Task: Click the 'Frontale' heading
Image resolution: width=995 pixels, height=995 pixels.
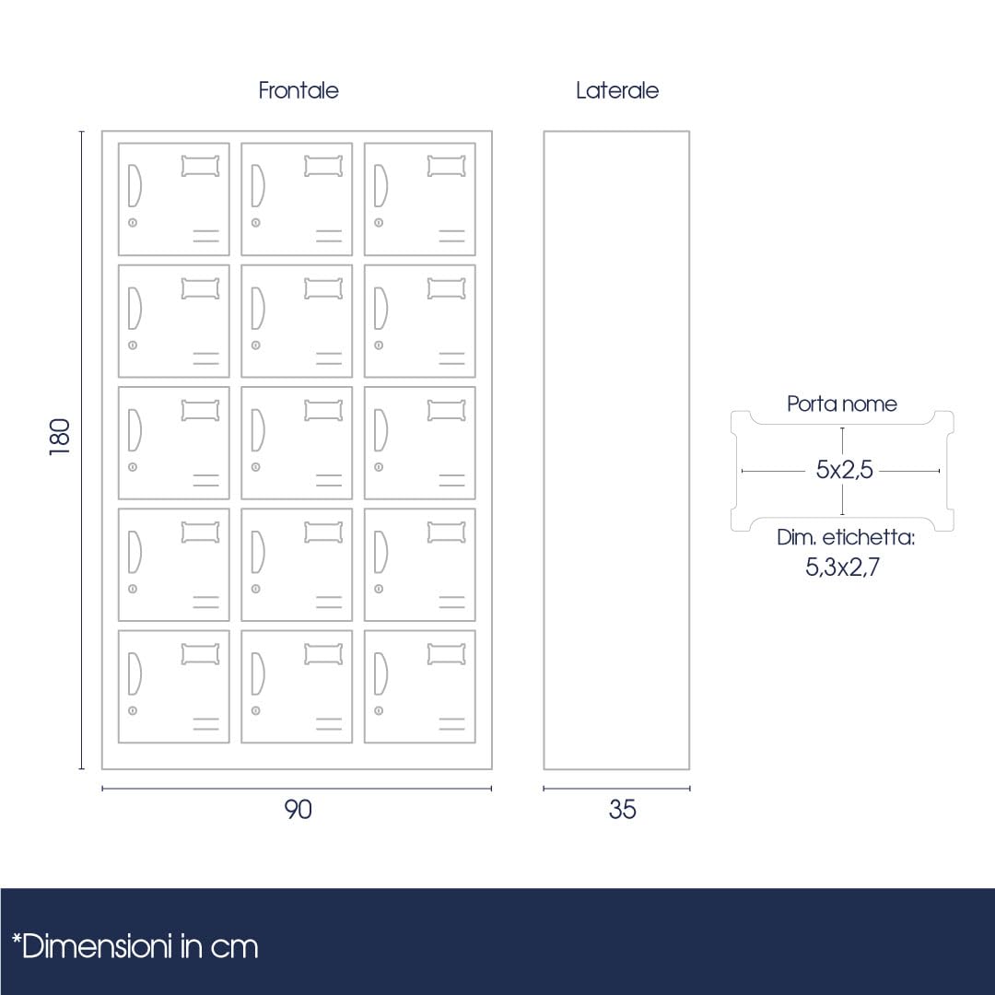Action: click(x=298, y=90)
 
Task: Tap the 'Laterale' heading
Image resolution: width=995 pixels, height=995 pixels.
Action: click(x=616, y=90)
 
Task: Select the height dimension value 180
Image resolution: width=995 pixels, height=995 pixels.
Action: click(x=60, y=437)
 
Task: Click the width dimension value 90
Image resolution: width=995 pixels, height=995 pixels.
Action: click(x=298, y=810)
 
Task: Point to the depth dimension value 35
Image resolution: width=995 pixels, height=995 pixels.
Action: click(x=622, y=810)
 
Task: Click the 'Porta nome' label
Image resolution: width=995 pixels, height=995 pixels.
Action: click(x=841, y=404)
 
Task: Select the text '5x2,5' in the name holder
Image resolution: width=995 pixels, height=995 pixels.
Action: click(x=844, y=470)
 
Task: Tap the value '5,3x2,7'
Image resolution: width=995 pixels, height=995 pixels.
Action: click(x=842, y=567)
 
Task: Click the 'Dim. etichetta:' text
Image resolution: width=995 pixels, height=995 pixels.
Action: click(x=845, y=537)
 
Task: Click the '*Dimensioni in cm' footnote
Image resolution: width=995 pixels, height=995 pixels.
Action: click(x=135, y=947)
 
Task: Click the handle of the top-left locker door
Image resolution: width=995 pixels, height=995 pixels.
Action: click(x=135, y=186)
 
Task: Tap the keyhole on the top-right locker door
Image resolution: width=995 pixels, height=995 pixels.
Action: click(x=379, y=223)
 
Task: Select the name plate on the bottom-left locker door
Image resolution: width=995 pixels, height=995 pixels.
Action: click(x=201, y=653)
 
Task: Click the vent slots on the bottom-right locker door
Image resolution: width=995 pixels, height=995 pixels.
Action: click(x=451, y=723)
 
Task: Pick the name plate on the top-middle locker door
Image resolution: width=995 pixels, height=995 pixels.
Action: click(x=323, y=166)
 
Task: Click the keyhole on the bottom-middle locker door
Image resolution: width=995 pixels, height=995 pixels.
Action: click(x=256, y=710)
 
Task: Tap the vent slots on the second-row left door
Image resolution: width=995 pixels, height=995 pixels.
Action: click(x=205, y=357)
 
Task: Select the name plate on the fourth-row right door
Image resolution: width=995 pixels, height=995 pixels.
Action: click(x=447, y=532)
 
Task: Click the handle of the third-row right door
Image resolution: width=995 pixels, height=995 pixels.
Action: click(x=380, y=430)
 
